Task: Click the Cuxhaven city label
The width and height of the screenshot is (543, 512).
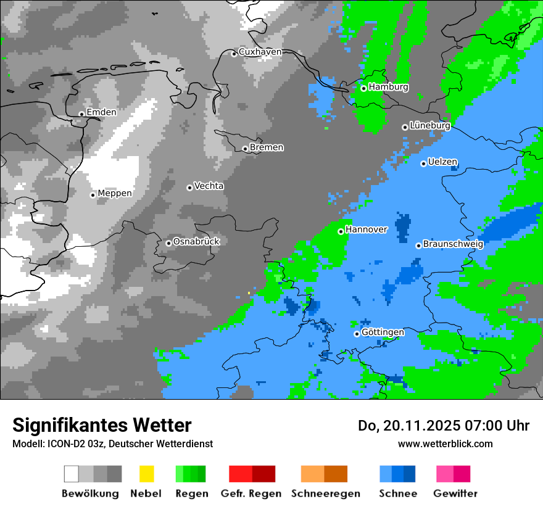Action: point(260,52)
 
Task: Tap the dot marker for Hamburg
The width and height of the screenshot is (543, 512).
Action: point(363,88)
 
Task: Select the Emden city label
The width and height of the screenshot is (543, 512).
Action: point(101,112)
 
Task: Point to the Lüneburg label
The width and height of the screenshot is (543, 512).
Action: point(429,126)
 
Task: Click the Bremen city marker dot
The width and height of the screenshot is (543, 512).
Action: point(245,149)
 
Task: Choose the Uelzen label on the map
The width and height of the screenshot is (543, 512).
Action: point(442,162)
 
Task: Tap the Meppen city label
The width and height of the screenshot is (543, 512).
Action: point(115,194)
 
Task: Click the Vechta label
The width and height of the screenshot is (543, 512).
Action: point(209,186)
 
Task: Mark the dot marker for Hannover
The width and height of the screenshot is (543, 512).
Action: point(341,231)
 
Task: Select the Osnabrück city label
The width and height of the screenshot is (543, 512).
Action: point(196,242)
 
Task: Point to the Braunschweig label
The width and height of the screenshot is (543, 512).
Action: point(453,244)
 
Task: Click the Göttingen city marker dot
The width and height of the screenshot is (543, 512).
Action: point(357,334)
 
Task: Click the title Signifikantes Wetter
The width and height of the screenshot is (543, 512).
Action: point(102,425)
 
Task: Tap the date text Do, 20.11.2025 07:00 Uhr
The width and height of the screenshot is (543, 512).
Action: point(444,426)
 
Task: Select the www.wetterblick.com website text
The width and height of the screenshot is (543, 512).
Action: point(445,444)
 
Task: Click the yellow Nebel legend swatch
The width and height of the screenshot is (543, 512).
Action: point(146,474)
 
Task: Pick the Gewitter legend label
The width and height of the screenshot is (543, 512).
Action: point(455,493)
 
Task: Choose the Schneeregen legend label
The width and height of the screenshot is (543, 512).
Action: point(326,493)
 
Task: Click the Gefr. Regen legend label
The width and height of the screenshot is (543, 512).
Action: point(251,493)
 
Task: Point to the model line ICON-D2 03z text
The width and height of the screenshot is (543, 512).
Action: point(112,444)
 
